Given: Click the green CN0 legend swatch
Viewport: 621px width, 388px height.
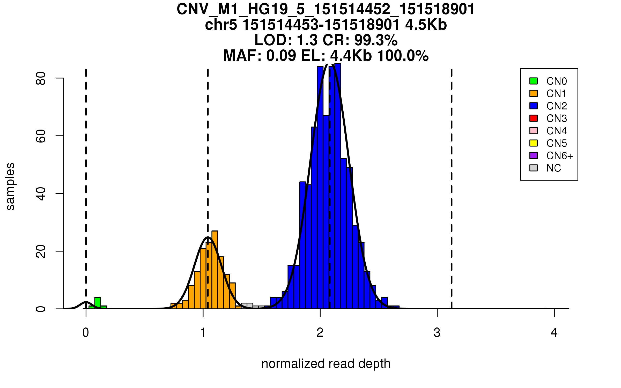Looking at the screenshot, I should [x=533, y=81].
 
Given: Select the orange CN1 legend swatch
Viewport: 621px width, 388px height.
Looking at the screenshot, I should [x=533, y=93].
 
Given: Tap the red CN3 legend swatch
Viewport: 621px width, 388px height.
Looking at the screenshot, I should [x=533, y=118].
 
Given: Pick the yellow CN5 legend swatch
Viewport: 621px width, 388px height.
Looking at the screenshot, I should [x=533, y=143].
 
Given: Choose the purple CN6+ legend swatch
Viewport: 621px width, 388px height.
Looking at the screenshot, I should [x=533, y=155].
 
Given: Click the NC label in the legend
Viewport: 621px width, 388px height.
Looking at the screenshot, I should [x=553, y=168].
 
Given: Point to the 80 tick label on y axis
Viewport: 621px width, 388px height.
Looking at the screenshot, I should [x=41, y=78].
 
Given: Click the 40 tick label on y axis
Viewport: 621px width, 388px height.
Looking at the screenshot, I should [x=41, y=193].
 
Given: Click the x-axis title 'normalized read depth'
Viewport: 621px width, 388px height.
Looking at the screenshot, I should [x=326, y=364].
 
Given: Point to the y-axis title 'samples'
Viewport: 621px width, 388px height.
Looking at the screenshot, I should [x=10, y=186].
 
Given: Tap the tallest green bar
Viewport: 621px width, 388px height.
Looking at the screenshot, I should [x=98, y=303].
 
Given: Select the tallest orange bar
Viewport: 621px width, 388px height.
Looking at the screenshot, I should [x=215, y=269].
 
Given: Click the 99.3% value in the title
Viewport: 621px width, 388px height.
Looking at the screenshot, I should [x=376, y=40].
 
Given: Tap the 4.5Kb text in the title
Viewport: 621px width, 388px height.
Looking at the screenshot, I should [x=426, y=25].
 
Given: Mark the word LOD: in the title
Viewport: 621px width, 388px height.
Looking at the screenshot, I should [x=273, y=40].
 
